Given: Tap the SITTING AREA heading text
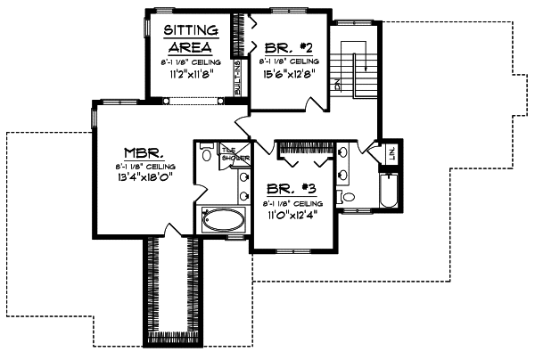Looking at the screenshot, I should pyautogui.click(x=188, y=39).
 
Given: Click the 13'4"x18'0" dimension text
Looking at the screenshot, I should pyautogui.click(x=143, y=176).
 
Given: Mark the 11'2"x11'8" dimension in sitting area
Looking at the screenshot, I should pyautogui.click(x=188, y=74).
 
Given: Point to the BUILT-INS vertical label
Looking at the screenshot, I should pyautogui.click(x=238, y=78).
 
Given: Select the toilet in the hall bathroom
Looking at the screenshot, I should pyautogui.click(x=349, y=197).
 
